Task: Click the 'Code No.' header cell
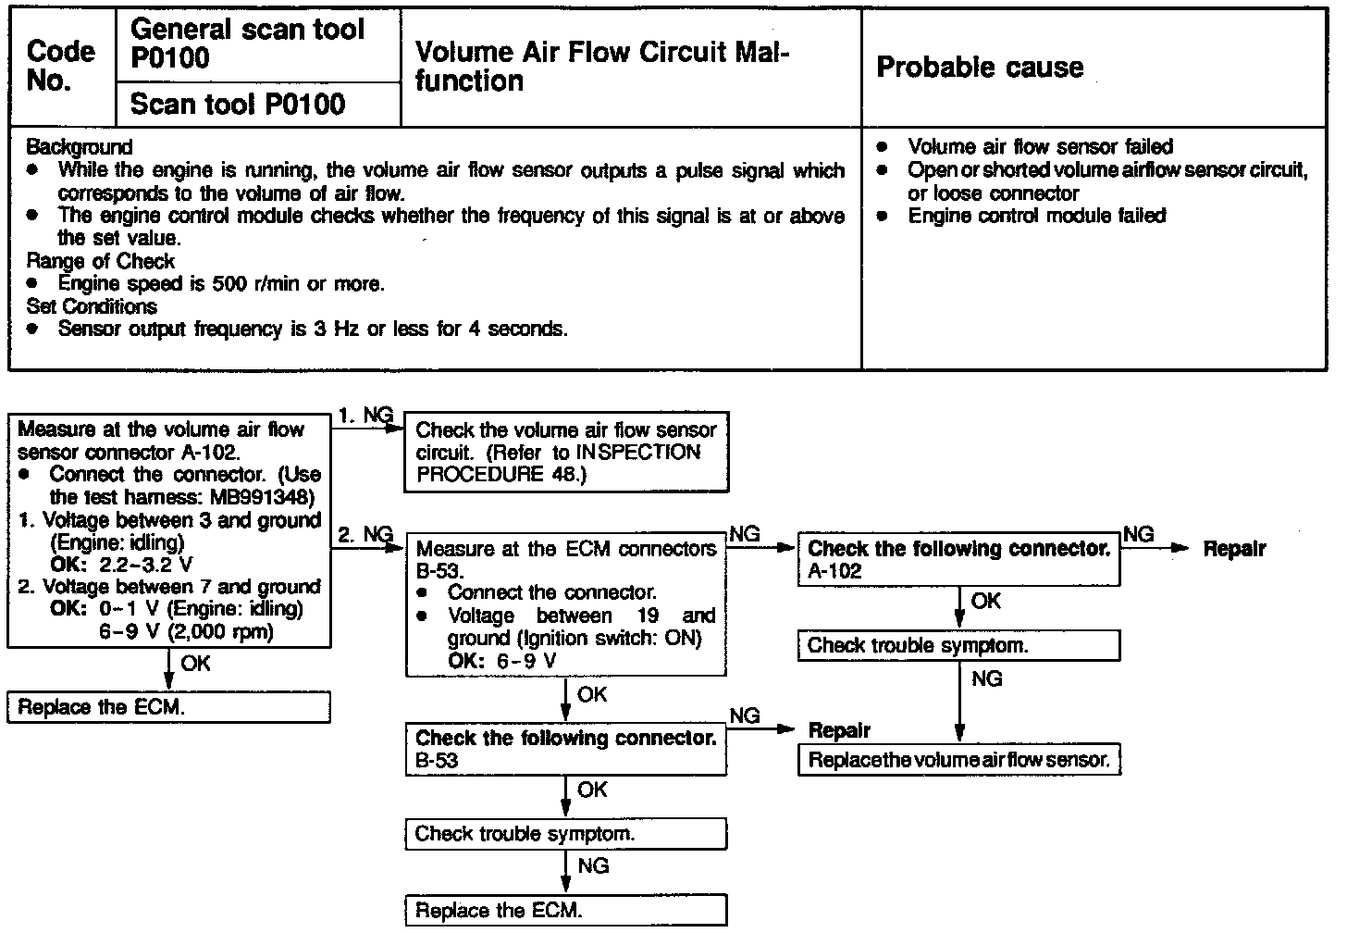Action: click(x=61, y=66)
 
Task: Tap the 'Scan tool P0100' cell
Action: click(x=238, y=105)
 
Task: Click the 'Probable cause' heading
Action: click(x=979, y=68)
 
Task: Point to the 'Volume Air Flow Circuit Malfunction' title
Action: click(x=601, y=66)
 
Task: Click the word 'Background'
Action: click(x=80, y=147)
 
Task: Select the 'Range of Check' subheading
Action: click(x=100, y=261)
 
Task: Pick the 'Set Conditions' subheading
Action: click(x=92, y=306)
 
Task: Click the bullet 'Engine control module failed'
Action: click(x=1036, y=216)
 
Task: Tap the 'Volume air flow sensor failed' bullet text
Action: click(x=1040, y=147)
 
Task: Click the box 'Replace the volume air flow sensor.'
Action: click(x=958, y=760)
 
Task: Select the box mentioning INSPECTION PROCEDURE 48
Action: click(x=566, y=453)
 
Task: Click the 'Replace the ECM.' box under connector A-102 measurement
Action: click(x=168, y=708)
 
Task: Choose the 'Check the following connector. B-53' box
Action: click(x=566, y=749)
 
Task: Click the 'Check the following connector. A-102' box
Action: click(x=958, y=560)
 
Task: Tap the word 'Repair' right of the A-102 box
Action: click(x=1234, y=549)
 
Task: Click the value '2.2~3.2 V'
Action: click(x=146, y=565)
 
